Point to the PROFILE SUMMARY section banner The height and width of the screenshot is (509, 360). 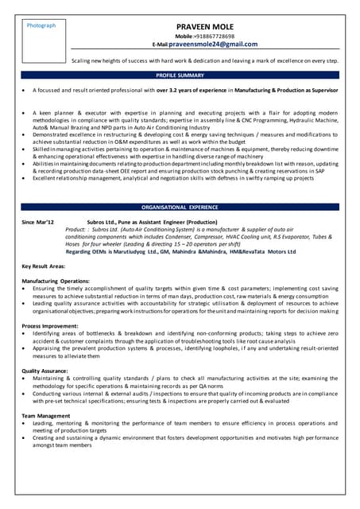[x=180, y=75]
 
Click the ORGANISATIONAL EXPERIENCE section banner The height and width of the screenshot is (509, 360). [x=180, y=206]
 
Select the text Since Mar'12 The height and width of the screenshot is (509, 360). [x=37, y=223]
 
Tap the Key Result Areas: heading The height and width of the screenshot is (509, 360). [x=45, y=266]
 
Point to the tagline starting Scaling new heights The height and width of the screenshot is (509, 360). [x=205, y=60]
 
